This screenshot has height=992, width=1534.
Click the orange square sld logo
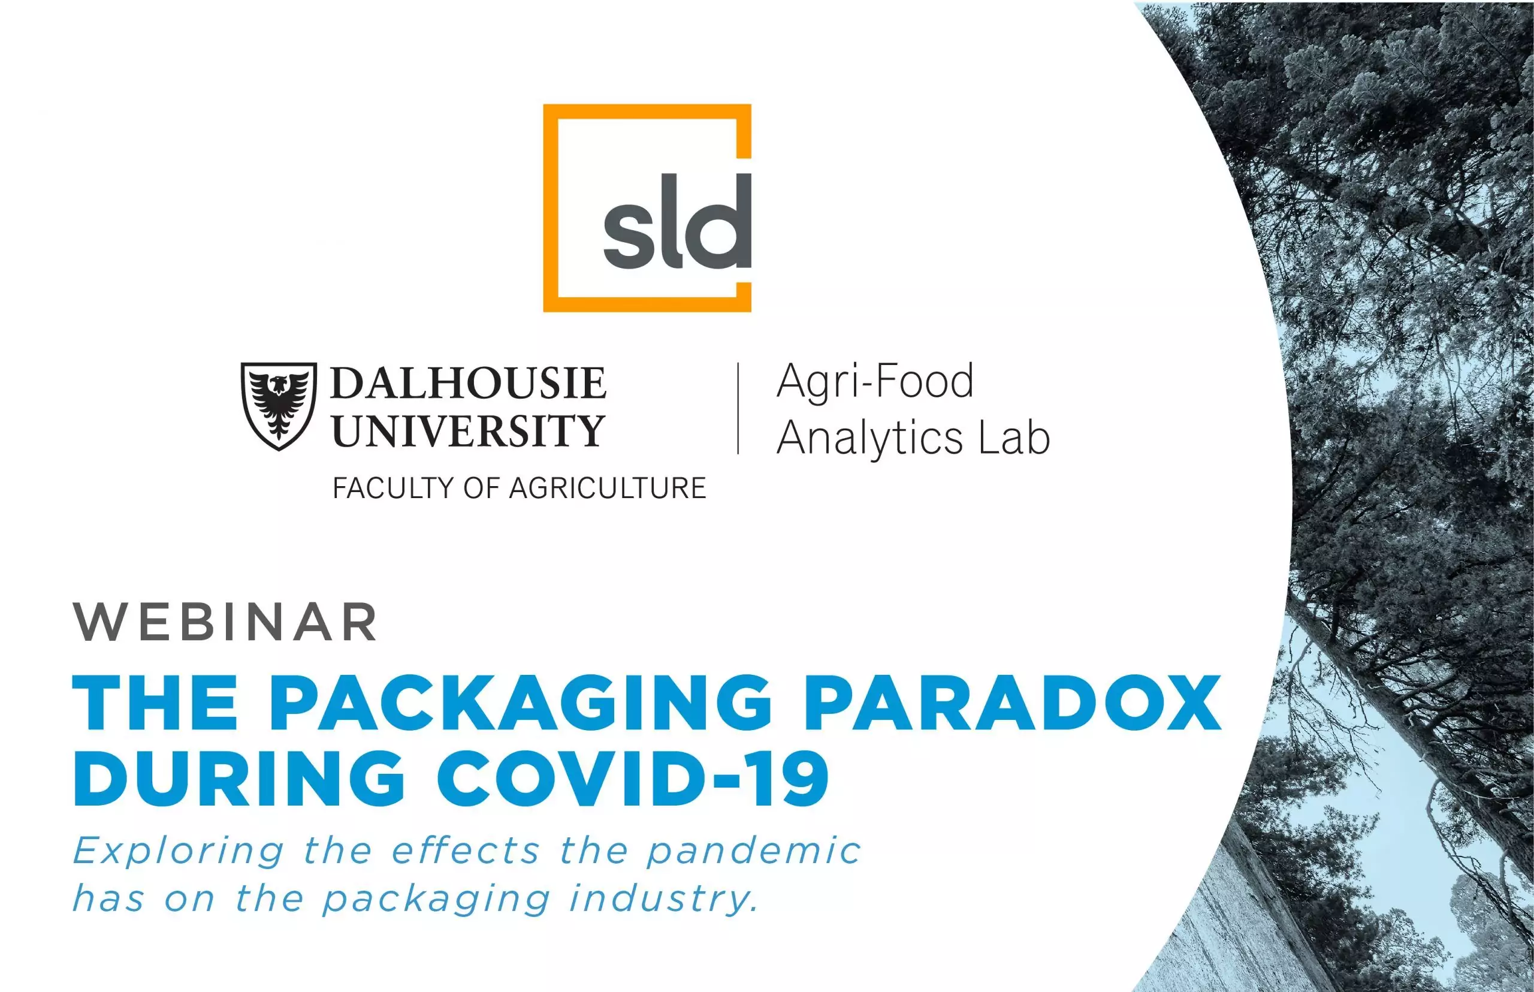point(549,208)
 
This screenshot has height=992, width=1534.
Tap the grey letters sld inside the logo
point(677,221)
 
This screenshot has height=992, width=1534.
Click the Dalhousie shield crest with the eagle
point(279,406)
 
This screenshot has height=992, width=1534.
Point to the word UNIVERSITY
point(468,430)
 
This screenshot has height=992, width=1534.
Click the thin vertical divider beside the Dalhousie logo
point(738,408)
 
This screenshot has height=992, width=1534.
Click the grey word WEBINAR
point(225,622)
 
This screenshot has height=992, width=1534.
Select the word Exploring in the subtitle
point(179,852)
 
